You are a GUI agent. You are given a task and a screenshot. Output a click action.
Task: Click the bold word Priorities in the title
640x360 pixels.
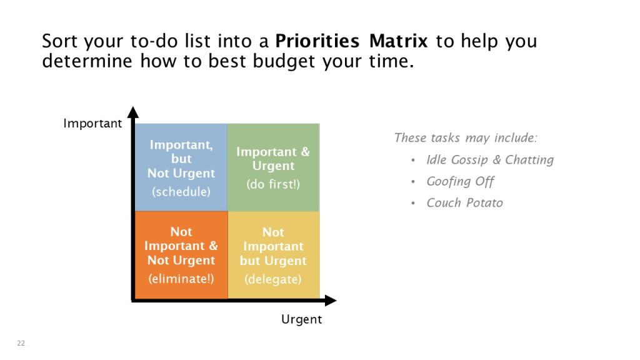(x=317, y=41)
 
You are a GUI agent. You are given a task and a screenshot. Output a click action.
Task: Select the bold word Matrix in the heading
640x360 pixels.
(x=398, y=41)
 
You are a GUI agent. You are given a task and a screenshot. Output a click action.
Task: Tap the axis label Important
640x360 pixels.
(x=92, y=124)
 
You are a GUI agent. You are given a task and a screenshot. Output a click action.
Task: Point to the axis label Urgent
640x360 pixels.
(x=302, y=319)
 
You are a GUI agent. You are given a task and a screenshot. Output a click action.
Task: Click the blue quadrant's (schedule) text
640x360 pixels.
(x=181, y=192)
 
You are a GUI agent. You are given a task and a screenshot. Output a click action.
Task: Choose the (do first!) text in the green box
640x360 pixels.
(x=273, y=184)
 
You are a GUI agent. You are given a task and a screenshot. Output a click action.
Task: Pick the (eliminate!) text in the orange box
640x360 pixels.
(x=181, y=279)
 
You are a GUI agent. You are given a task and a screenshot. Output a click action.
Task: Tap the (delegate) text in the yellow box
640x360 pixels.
(x=273, y=279)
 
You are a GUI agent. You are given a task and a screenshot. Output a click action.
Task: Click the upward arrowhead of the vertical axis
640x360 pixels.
(x=133, y=112)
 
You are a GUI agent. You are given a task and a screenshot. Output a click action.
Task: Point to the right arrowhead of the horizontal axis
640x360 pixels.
(x=331, y=301)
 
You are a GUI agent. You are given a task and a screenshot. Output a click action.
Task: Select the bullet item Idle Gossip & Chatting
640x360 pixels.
(x=490, y=159)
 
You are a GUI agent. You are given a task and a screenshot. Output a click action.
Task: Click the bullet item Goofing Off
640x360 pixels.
(x=460, y=181)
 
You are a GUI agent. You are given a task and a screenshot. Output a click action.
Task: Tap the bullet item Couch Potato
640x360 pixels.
(x=464, y=203)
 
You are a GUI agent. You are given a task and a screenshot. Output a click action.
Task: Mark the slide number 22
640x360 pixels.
(x=21, y=343)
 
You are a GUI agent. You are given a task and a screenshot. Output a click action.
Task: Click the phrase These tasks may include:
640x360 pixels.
(x=466, y=138)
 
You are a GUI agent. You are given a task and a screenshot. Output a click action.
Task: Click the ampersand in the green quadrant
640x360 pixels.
(x=305, y=152)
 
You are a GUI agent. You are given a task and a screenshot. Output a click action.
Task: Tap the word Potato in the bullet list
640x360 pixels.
(x=484, y=203)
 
